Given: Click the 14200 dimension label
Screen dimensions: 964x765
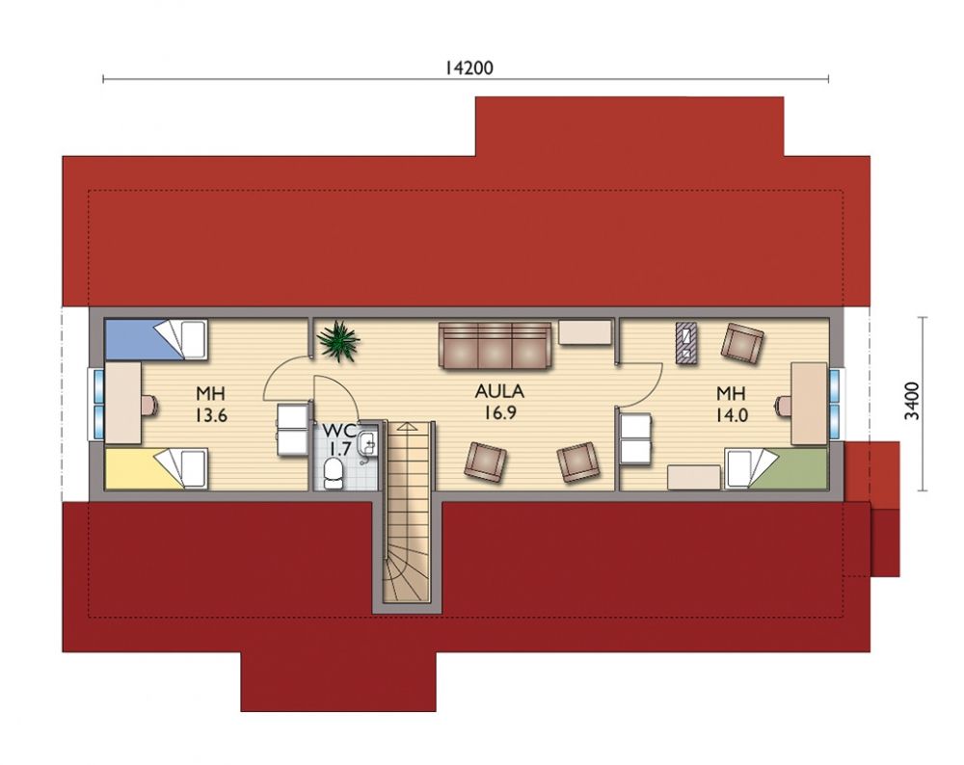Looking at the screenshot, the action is point(469,67).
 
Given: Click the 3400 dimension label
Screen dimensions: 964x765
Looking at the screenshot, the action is point(912,401).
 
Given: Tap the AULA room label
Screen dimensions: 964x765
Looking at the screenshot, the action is point(499,391).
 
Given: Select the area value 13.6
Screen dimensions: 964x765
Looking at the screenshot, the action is point(211,415).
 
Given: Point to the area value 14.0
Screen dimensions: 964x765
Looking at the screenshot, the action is point(731,415).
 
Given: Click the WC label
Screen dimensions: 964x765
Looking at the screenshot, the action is point(337,430).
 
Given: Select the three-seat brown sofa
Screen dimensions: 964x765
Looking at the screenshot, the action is point(495,346).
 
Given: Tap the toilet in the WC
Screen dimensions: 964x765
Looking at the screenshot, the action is point(334,473).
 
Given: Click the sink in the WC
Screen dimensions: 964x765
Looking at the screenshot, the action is point(367,440).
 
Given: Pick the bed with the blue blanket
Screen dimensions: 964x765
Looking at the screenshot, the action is point(156,338).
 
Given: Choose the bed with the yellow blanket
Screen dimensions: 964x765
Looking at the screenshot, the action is point(156,469).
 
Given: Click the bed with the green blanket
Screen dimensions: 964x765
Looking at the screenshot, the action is point(776,469).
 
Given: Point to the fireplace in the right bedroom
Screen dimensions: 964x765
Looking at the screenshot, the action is point(685,343).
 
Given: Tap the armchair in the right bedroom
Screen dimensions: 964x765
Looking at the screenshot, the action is point(742,343).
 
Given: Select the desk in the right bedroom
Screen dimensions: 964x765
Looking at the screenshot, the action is point(808,403).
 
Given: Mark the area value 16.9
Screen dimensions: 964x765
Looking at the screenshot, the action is point(499,413).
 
